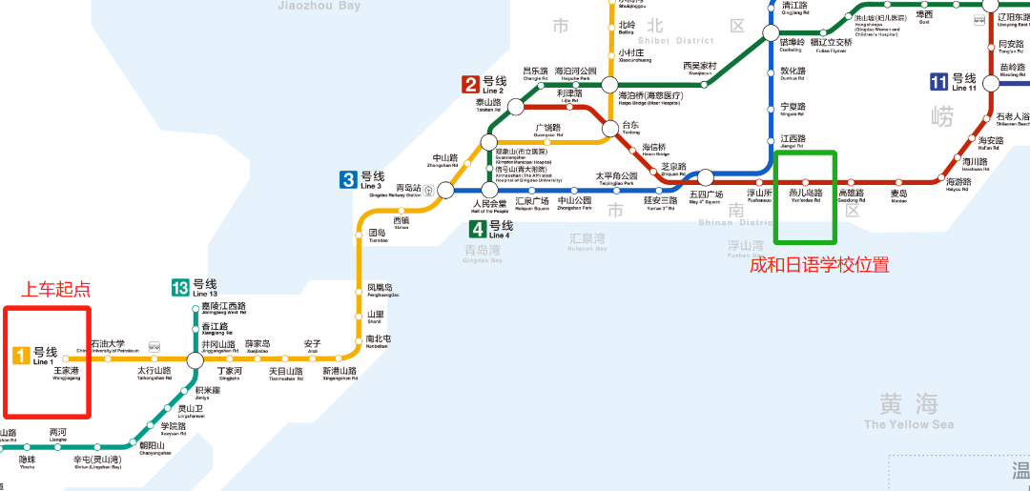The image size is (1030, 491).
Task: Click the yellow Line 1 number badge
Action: pos(22,356)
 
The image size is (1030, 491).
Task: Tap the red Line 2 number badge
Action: pos(470,84)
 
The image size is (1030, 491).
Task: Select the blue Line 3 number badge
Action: pos(349,178)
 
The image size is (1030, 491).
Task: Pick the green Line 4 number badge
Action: pos(478,229)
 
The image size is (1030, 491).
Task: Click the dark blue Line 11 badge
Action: pos(939,81)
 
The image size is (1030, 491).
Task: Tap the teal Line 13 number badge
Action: pos(180,287)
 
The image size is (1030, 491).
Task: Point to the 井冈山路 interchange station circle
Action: pos(196,360)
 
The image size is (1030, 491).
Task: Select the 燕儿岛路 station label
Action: pos(805,194)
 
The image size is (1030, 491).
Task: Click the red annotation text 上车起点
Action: pos(55,289)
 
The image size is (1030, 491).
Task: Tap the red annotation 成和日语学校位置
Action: pos(819,265)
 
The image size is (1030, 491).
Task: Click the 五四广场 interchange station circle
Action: pos(706,177)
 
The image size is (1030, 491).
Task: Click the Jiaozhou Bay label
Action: pos(319,6)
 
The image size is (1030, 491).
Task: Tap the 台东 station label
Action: pos(630,126)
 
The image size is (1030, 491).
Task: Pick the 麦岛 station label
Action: pos(898,194)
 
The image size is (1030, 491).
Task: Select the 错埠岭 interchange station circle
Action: pos(771,34)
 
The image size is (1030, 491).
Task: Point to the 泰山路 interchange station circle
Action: pos(516,107)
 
